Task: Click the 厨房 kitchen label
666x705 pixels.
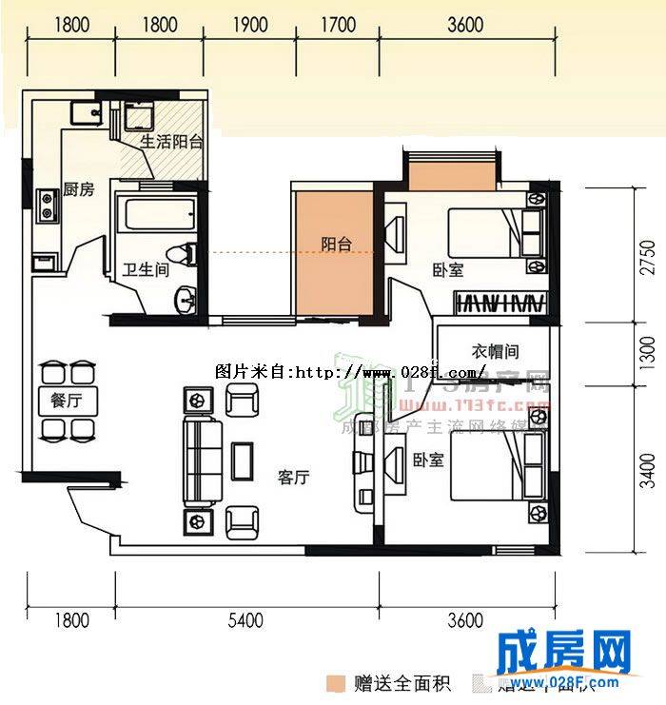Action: click(79, 189)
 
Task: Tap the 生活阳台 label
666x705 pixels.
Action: click(172, 142)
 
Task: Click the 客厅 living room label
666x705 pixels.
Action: click(294, 478)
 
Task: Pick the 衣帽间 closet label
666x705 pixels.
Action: click(492, 352)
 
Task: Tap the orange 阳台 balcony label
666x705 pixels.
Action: click(336, 245)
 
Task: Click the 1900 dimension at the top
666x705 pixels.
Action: click(249, 25)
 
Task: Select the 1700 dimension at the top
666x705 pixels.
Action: click(338, 25)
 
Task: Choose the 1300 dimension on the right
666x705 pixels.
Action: click(648, 354)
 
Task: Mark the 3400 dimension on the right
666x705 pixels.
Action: click(648, 470)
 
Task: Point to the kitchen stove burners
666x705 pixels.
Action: click(45, 202)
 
